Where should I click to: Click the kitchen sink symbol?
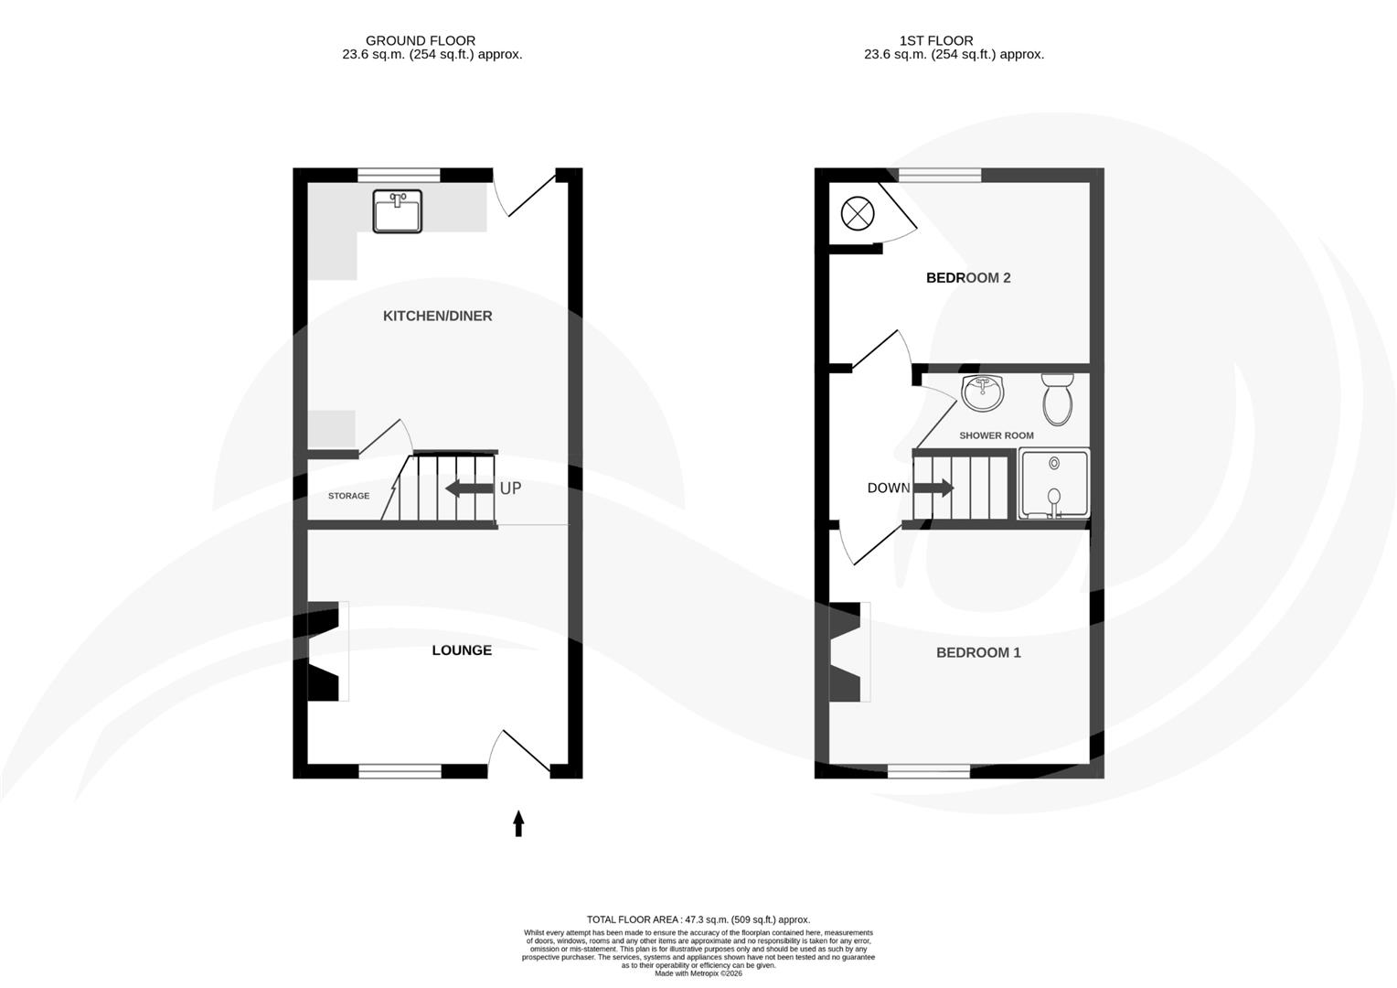[397, 210]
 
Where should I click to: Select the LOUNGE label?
[462, 650]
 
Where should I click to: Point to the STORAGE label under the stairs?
[349, 496]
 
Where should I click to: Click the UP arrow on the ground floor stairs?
[469, 489]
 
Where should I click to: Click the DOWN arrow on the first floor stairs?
[933, 489]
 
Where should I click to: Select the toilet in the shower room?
[1059, 399]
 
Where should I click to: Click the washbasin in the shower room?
[983, 392]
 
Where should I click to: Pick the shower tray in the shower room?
[1054, 484]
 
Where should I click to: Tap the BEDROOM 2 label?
[968, 278]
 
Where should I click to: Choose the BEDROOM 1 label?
[978, 652]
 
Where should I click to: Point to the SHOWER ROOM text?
[996, 435]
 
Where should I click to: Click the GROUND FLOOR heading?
[421, 40]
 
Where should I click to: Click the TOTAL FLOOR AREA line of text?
[698, 919]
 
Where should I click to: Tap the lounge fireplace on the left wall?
[322, 651]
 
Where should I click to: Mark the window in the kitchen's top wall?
[399, 175]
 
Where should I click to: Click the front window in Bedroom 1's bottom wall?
[928, 771]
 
